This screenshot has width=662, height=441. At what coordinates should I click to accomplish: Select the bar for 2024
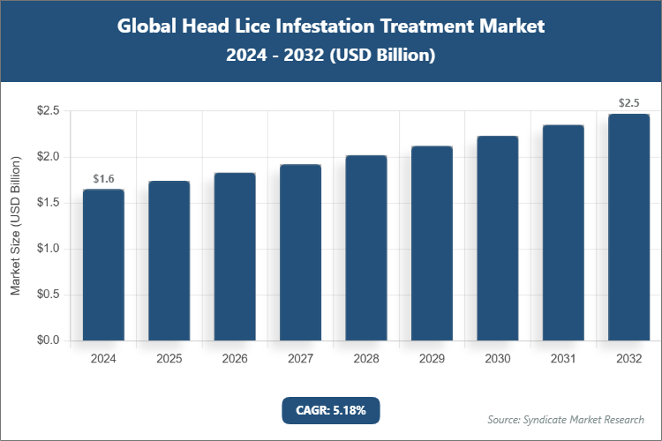click(x=103, y=265)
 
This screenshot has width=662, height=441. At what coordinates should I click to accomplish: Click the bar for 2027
click(x=301, y=252)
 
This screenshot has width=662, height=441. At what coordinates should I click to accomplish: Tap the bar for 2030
click(x=498, y=238)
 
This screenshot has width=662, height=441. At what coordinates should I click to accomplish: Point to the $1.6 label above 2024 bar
click(x=103, y=179)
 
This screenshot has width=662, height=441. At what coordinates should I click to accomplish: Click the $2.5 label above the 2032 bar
click(x=629, y=103)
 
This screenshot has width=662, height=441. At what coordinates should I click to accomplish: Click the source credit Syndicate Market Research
click(x=566, y=419)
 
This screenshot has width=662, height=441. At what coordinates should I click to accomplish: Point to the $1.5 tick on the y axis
click(x=48, y=203)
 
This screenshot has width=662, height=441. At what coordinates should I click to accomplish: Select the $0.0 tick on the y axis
click(x=48, y=340)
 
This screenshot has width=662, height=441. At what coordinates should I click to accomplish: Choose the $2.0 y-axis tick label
click(x=48, y=157)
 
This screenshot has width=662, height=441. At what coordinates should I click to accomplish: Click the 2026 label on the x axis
click(x=235, y=359)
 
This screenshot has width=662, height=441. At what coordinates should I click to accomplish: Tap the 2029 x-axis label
click(x=432, y=359)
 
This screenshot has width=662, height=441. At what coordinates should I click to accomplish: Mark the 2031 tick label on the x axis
click(x=563, y=359)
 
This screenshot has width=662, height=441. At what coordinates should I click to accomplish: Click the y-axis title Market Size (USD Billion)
click(x=15, y=226)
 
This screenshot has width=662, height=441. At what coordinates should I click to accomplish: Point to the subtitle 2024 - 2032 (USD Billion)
click(x=330, y=55)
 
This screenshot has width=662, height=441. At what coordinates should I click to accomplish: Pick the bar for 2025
click(x=169, y=260)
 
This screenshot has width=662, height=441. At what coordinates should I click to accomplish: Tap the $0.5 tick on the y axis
click(x=48, y=295)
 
